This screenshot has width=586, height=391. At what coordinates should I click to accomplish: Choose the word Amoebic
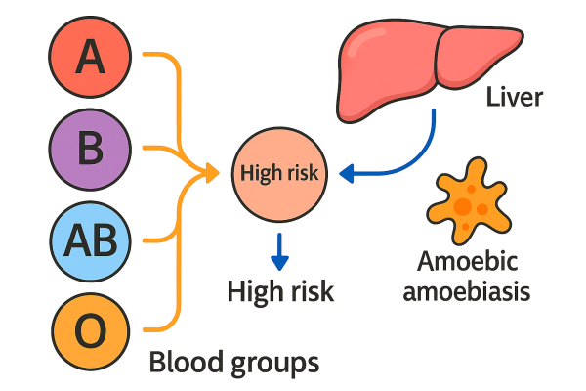(466, 261)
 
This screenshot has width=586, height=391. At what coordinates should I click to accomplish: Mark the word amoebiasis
(466, 291)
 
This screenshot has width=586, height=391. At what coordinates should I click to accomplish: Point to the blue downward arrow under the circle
(280, 251)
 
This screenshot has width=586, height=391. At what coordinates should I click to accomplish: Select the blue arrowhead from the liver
(347, 174)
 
